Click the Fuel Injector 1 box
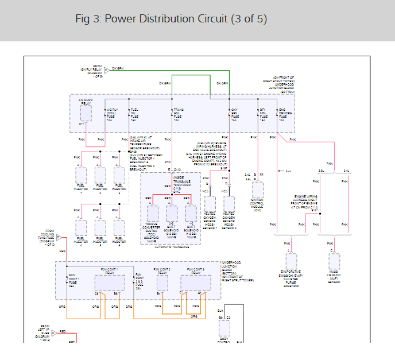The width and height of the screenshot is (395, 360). tap(81, 175)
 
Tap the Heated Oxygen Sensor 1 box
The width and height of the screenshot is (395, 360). tap(210, 203)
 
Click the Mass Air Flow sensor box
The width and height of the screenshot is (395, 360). tap(335, 261)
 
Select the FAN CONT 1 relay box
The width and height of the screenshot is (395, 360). tap(110, 282)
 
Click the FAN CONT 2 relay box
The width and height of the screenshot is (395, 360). tap(162, 281)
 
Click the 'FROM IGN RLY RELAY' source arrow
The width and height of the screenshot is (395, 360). tap(106, 69)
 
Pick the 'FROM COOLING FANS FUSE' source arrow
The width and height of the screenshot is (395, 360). tap(58, 237)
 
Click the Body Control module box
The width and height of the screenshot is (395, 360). tap(224, 329)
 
